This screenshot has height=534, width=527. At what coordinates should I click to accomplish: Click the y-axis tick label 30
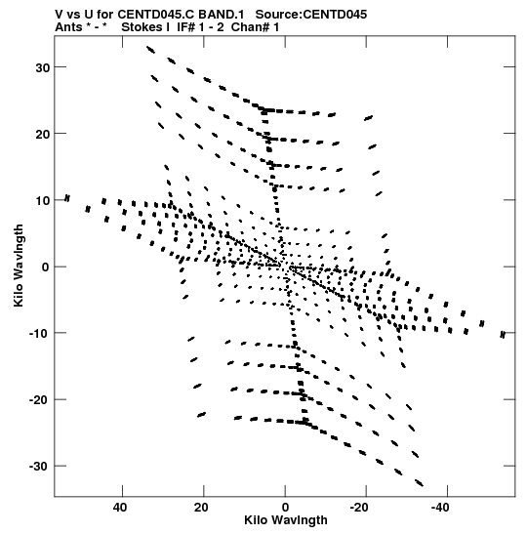pyautogui.click(x=43, y=67)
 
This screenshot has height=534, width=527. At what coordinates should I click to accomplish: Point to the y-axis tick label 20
pyautogui.click(x=43, y=134)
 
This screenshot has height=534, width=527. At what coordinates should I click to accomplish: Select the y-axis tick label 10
pyautogui.click(x=43, y=200)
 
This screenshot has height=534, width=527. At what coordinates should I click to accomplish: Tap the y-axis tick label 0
pyautogui.click(x=46, y=267)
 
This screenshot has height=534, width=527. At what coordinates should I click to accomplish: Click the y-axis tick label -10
pyautogui.click(x=39, y=334)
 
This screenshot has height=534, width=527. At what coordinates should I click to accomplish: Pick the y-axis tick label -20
pyautogui.click(x=39, y=400)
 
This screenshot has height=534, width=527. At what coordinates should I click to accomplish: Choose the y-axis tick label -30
pyautogui.click(x=39, y=467)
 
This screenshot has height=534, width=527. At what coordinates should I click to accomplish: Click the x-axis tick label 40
pyautogui.click(x=120, y=508)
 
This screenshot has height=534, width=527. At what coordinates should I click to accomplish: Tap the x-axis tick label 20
pyautogui.click(x=201, y=508)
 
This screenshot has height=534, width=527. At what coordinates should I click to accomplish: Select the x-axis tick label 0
pyautogui.click(x=285, y=508)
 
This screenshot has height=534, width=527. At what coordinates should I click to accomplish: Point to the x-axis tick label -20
pyautogui.click(x=359, y=508)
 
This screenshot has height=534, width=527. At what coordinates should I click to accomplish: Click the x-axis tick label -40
pyautogui.click(x=440, y=508)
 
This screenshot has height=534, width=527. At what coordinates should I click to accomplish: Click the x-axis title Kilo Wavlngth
pyautogui.click(x=286, y=520)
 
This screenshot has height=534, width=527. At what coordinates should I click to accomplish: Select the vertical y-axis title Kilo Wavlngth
pyautogui.click(x=19, y=266)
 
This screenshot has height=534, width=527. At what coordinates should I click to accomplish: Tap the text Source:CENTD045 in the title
pyautogui.click(x=311, y=15)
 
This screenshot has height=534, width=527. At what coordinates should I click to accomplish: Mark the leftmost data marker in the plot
pyautogui.click(x=67, y=198)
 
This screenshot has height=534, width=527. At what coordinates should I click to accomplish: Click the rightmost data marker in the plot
pyautogui.click(x=503, y=335)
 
